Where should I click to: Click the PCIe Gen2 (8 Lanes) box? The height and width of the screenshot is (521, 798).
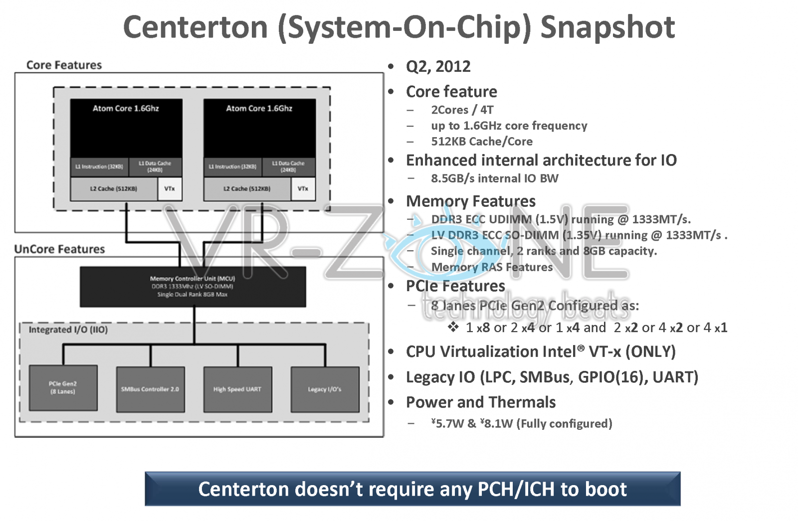click(x=63, y=388)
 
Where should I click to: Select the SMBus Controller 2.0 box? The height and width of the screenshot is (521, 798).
click(x=150, y=389)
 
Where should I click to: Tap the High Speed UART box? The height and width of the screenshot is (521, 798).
click(x=237, y=389)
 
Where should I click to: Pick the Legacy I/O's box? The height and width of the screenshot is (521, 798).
click(x=325, y=389)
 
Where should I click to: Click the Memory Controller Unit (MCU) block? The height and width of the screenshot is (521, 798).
click(x=193, y=287)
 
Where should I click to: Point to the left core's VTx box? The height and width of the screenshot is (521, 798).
click(x=170, y=189)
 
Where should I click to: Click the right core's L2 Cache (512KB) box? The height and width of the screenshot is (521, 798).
click(x=247, y=189)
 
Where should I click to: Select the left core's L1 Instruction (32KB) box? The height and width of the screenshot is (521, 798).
click(x=99, y=167)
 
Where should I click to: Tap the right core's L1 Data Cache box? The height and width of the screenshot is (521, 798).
click(x=288, y=167)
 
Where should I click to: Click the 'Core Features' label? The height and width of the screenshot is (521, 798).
click(x=64, y=65)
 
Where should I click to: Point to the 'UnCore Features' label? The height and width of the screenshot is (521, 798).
click(x=59, y=249)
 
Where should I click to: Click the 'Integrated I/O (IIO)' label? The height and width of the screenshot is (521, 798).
click(x=68, y=330)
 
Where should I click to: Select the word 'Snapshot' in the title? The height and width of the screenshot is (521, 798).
click(x=607, y=27)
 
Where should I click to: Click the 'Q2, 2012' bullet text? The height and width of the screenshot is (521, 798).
click(x=438, y=66)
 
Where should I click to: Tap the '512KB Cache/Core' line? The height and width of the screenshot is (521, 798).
click(x=481, y=142)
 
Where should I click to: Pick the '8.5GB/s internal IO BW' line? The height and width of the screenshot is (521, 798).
click(x=494, y=178)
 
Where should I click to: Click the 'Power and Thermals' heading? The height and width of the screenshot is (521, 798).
click(x=480, y=402)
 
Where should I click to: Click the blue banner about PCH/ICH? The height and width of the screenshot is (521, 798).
click(x=412, y=489)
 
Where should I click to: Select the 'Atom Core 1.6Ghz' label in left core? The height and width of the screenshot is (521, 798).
click(x=126, y=108)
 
